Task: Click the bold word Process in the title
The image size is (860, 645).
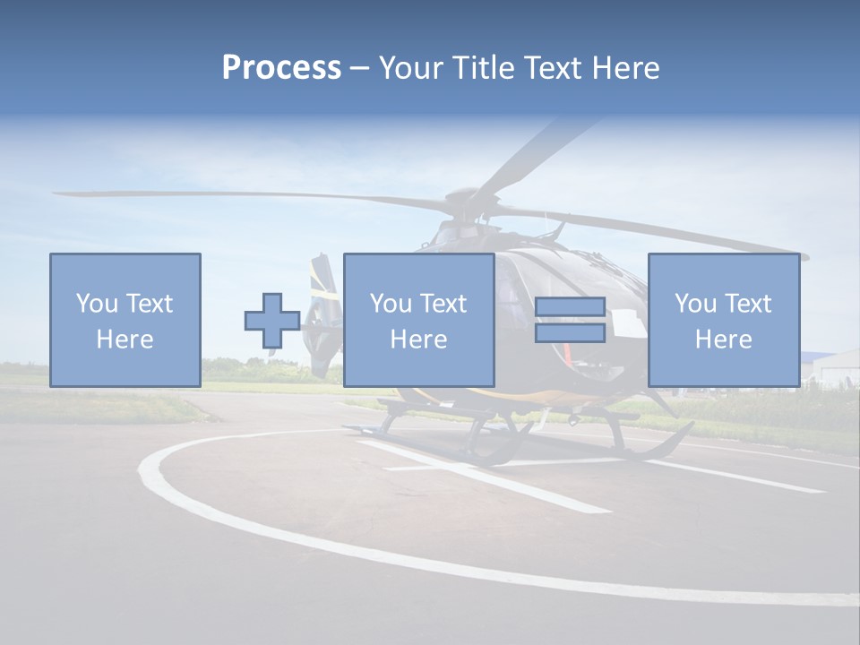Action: pos(281,67)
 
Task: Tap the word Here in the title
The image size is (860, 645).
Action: pos(624,67)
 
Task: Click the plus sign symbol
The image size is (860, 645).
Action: pos(272,321)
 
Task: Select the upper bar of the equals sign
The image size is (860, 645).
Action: pos(570,307)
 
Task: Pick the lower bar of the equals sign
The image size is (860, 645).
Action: pos(570,333)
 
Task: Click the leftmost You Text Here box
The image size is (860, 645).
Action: pos(125,320)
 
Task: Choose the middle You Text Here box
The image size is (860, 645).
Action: pos(418,320)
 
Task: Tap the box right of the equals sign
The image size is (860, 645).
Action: pos(723,320)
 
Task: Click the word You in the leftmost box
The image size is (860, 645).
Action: pos(96,304)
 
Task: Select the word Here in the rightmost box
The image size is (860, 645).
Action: pos(723,340)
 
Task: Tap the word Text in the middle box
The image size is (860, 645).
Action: pos(443,304)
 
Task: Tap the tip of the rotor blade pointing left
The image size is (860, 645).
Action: pos(59,193)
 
